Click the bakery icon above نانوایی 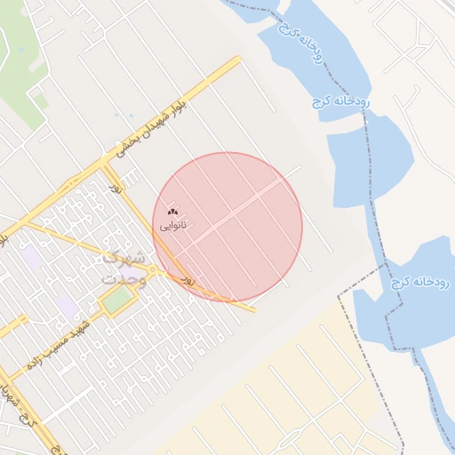point(172,212)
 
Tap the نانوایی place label point(173,226)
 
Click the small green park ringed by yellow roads point(116,300)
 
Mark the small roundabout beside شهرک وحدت point(154,270)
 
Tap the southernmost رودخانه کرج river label point(420,282)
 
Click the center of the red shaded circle point(227,227)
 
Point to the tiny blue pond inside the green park point(21,50)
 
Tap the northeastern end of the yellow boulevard point(238,60)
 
